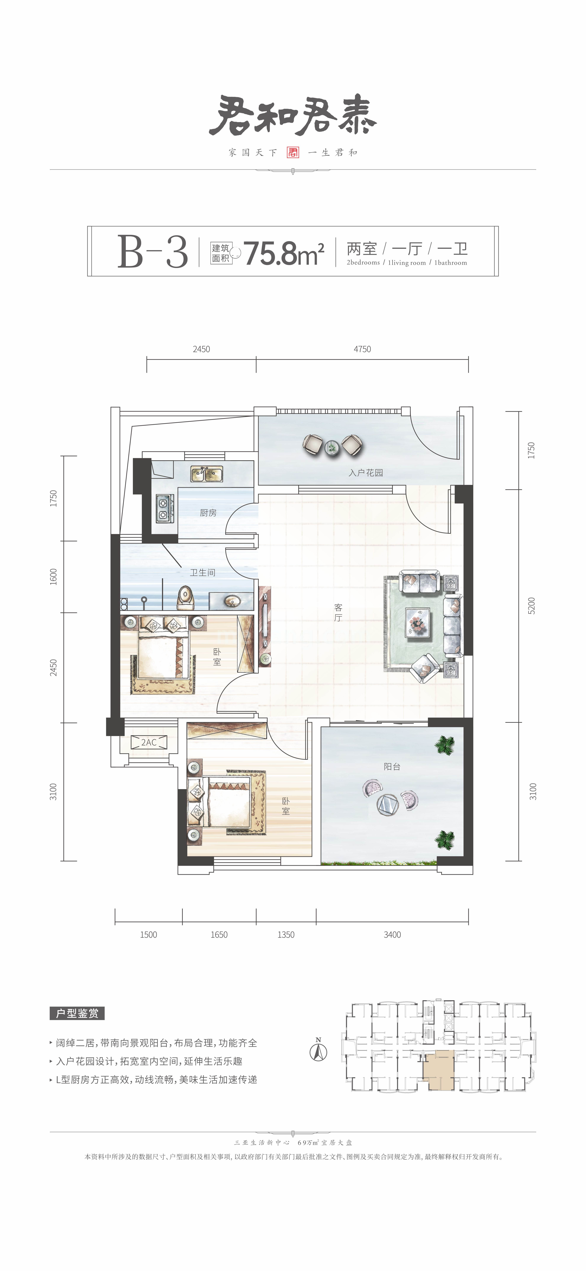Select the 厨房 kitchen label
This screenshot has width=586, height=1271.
[x=208, y=513]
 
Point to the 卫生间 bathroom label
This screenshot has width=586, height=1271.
[x=203, y=572]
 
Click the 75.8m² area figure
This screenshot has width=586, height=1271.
[x=284, y=253]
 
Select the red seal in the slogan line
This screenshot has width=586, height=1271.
[x=293, y=152]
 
